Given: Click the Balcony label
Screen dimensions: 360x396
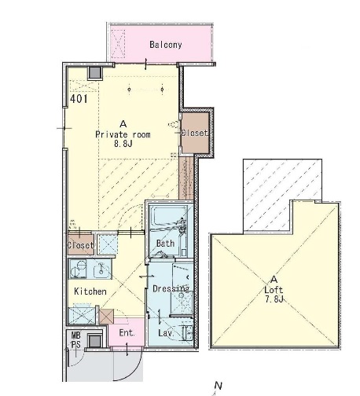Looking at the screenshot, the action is [166, 45].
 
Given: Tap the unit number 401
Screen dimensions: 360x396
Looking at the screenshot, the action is [79, 99].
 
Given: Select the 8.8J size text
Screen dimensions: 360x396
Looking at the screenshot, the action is [123, 144].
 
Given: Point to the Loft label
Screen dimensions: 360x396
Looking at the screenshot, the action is [274, 290].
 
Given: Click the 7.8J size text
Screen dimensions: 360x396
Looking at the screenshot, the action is [274, 299].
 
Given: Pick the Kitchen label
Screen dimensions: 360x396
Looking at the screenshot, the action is [90, 291].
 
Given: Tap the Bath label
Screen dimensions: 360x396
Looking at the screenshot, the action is [165, 244].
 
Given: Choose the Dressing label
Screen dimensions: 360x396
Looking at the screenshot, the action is [171, 288].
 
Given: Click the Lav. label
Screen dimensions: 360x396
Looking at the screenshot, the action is [166, 333].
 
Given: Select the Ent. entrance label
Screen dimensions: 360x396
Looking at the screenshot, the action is [127, 333].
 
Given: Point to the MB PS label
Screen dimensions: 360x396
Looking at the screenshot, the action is [76, 339].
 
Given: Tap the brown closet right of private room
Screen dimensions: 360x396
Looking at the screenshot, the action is [196, 133].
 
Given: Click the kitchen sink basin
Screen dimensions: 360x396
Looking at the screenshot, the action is [101, 269].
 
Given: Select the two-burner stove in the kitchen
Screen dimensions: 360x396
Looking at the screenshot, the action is [78, 269].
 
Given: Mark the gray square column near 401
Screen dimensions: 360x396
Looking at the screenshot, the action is [95, 73].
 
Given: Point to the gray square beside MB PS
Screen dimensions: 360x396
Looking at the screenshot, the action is [94, 341].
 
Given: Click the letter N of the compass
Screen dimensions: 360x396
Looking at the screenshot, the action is [219, 386].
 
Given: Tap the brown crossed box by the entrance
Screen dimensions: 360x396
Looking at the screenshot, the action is [106, 317].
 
